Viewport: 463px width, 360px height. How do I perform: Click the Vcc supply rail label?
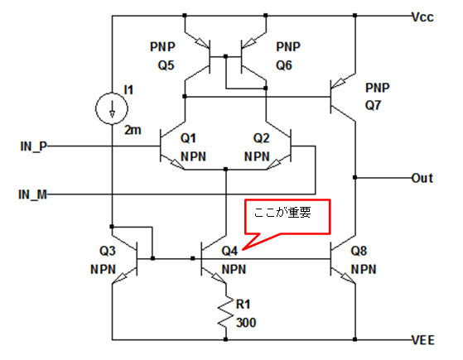pyautogui.click(x=423, y=17)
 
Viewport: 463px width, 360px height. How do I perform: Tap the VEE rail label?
pyautogui.click(x=423, y=340)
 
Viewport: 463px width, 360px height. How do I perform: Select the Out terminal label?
pyautogui.click(x=422, y=178)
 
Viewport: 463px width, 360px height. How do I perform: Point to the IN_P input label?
pyautogui.click(x=34, y=146)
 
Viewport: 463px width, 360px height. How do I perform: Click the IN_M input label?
pyautogui.click(x=33, y=194)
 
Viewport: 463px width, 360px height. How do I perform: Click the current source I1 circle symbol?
pyautogui.click(x=112, y=108)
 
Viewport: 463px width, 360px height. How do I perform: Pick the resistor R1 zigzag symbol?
pyautogui.click(x=226, y=311)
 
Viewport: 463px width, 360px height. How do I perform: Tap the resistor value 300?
pyautogui.click(x=246, y=323)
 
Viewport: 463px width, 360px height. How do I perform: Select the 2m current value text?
pyautogui.click(x=133, y=130)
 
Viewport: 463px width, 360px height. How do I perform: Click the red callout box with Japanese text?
pyautogui.click(x=287, y=217)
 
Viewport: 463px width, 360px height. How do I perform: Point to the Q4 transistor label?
pyautogui.click(x=229, y=251)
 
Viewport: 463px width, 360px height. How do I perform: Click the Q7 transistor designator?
pyautogui.click(x=374, y=105)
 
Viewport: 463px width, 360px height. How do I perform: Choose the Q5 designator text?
pyautogui.click(x=166, y=65)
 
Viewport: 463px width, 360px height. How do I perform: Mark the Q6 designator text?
pyautogui.click(x=284, y=65)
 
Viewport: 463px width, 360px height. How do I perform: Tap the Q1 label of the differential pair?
pyautogui.click(x=188, y=138)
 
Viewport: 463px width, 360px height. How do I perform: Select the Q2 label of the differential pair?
pyautogui.click(x=262, y=138)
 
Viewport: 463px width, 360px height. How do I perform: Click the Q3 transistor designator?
pyautogui.click(x=107, y=251)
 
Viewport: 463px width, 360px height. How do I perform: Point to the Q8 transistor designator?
pyautogui.click(x=359, y=251)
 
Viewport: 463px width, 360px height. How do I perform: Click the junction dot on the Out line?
pyautogui.click(x=355, y=177)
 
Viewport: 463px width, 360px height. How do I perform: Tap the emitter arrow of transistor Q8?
pyautogui.click(x=346, y=277)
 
